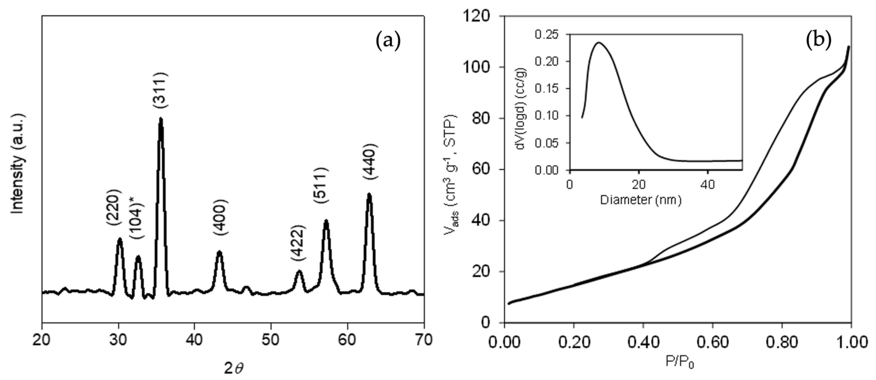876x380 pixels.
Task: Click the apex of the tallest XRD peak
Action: (x=161, y=119)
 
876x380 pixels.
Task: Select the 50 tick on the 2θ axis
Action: (x=271, y=340)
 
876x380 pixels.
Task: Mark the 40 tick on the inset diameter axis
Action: (x=707, y=184)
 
